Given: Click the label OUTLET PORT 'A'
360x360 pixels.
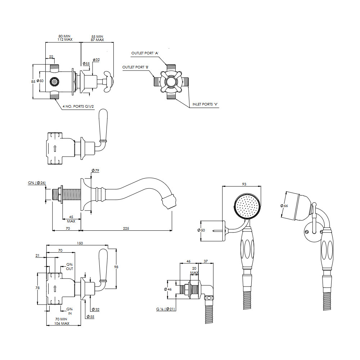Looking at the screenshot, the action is (145, 53).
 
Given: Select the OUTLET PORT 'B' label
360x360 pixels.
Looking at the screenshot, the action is (135, 67).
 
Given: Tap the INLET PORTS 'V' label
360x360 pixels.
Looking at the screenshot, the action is (205, 104).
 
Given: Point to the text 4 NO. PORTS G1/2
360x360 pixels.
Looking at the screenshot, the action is (78, 106).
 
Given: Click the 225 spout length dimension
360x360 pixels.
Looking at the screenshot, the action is (126, 229).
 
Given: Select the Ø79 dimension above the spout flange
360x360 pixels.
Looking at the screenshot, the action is (95, 170).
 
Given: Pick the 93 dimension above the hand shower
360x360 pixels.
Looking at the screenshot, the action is (244, 184).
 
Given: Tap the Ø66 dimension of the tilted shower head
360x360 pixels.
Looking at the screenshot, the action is (284, 206).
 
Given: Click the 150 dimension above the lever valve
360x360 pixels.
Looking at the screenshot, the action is (80, 243).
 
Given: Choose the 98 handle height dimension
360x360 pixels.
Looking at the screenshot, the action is (116, 267).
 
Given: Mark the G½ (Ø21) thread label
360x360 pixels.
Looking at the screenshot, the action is (166, 309).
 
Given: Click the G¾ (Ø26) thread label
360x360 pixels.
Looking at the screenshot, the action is (37, 183).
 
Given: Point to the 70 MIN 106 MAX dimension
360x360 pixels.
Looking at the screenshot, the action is (62, 321).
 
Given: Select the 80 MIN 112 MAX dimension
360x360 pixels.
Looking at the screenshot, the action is (65, 38).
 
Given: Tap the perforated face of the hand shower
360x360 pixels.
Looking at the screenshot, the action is (247, 206).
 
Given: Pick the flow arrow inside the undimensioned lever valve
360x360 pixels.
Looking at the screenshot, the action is (55, 148).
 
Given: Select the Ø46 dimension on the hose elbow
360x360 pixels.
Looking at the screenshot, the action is (168, 289).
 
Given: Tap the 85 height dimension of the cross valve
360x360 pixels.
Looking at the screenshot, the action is (33, 81).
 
